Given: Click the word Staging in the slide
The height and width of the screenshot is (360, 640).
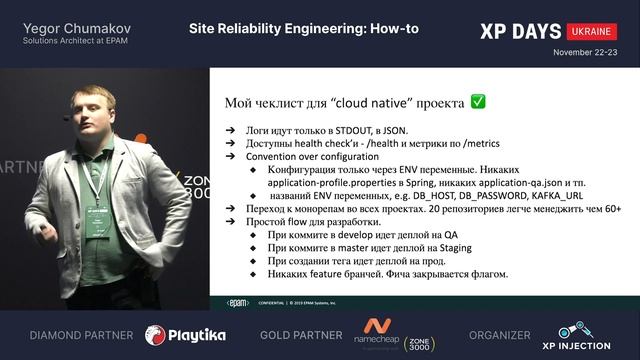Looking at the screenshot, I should (437, 248).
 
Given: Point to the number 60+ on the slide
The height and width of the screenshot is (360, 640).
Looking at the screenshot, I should (617, 209).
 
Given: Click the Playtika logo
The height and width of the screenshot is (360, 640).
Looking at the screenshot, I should (185, 334).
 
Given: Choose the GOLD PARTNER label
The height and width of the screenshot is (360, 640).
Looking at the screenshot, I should (297, 335).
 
